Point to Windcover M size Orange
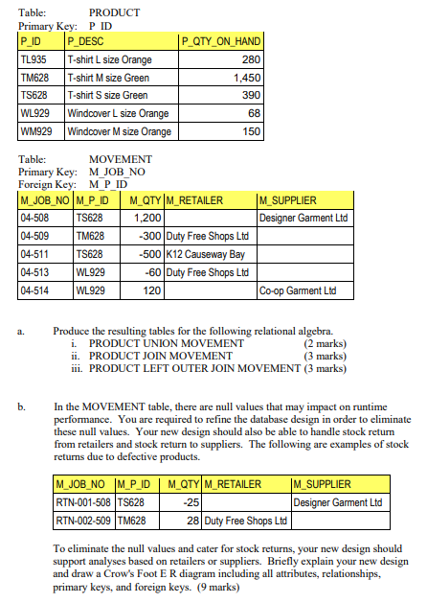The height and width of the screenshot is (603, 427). pos(119,131)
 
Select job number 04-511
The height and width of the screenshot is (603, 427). pos(35,254)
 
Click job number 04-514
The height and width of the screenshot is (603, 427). pos(35,290)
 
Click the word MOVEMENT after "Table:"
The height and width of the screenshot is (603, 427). pos(120,159)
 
